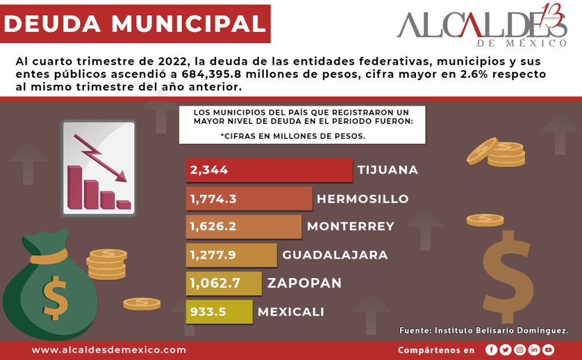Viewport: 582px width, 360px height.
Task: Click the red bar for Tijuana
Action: tap(269, 170)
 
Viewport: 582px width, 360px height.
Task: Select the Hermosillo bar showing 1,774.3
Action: tap(249, 199)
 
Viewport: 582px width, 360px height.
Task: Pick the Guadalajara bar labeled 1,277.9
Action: tap(231, 255)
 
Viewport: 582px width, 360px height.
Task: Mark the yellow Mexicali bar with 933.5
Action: tap(219, 312)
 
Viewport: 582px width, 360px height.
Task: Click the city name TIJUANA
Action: tap(388, 170)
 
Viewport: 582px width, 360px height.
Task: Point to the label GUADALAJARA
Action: tap(335, 255)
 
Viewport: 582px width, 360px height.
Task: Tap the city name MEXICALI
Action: tap(291, 312)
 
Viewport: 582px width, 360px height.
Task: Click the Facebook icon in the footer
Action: tap(492, 350)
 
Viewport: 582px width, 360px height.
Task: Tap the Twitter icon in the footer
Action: tap(505, 350)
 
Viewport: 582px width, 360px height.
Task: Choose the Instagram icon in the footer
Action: tap(519, 350)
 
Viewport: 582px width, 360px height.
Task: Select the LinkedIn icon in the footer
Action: tap(534, 350)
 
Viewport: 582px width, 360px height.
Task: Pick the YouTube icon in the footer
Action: tap(548, 350)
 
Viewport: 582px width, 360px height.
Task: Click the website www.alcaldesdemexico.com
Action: tap(109, 350)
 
